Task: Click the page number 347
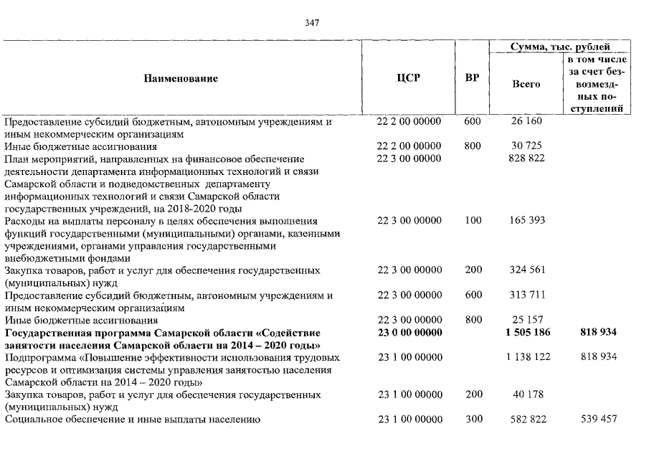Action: (x=312, y=22)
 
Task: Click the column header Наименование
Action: (x=181, y=77)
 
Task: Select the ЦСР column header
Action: (x=408, y=77)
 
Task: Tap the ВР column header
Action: (x=472, y=77)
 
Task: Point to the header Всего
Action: (x=526, y=84)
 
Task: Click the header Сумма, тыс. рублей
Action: (x=561, y=47)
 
